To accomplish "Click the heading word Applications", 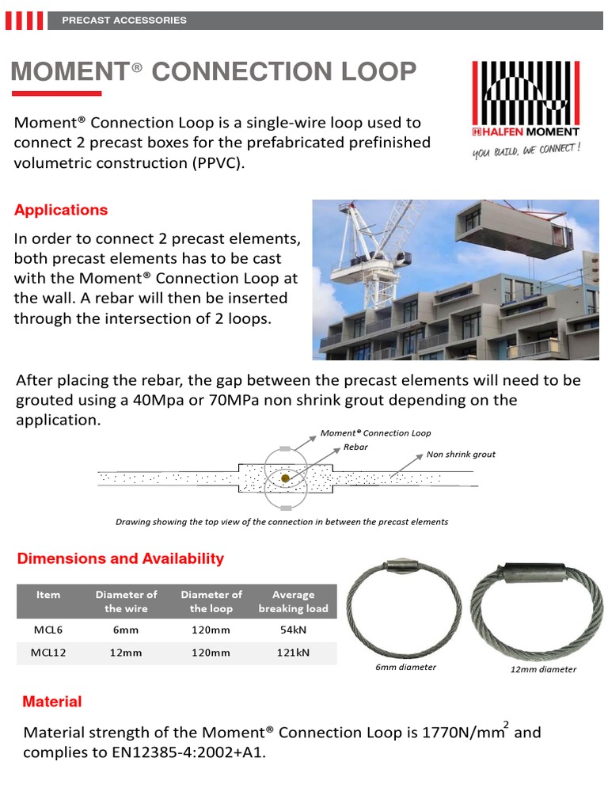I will (x=61, y=210).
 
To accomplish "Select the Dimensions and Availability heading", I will (x=120, y=558).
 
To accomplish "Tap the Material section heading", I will (x=52, y=702).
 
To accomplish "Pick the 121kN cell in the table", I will (x=293, y=653).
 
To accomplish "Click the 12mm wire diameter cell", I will (x=126, y=653).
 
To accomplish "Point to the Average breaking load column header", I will (x=293, y=601).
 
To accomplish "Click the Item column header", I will (x=47, y=595).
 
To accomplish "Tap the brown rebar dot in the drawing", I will (x=285, y=478).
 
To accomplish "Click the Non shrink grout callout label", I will (x=461, y=455).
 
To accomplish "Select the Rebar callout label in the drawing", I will (x=355, y=447).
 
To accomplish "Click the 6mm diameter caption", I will (x=405, y=667).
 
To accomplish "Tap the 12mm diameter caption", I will (x=543, y=669).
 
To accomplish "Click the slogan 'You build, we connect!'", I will (x=526, y=150).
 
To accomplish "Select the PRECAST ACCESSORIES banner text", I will (x=124, y=20).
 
